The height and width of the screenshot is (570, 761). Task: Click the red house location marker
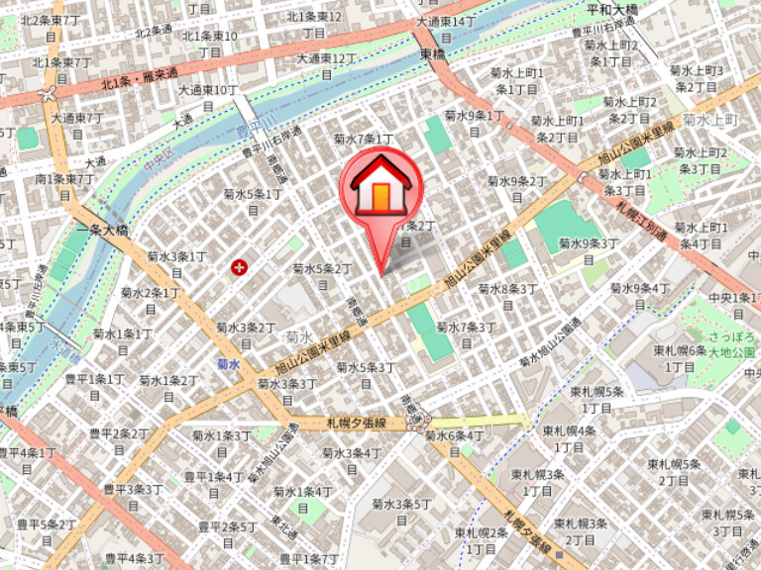tap(380, 188)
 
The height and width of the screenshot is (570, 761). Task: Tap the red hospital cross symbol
tap(239, 266)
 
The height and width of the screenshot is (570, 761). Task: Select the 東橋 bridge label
tap(433, 54)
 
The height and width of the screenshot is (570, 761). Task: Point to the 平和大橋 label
tap(612, 10)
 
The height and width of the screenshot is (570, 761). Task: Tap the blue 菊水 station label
tap(229, 364)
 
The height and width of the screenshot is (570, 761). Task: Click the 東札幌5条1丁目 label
tap(598, 399)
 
